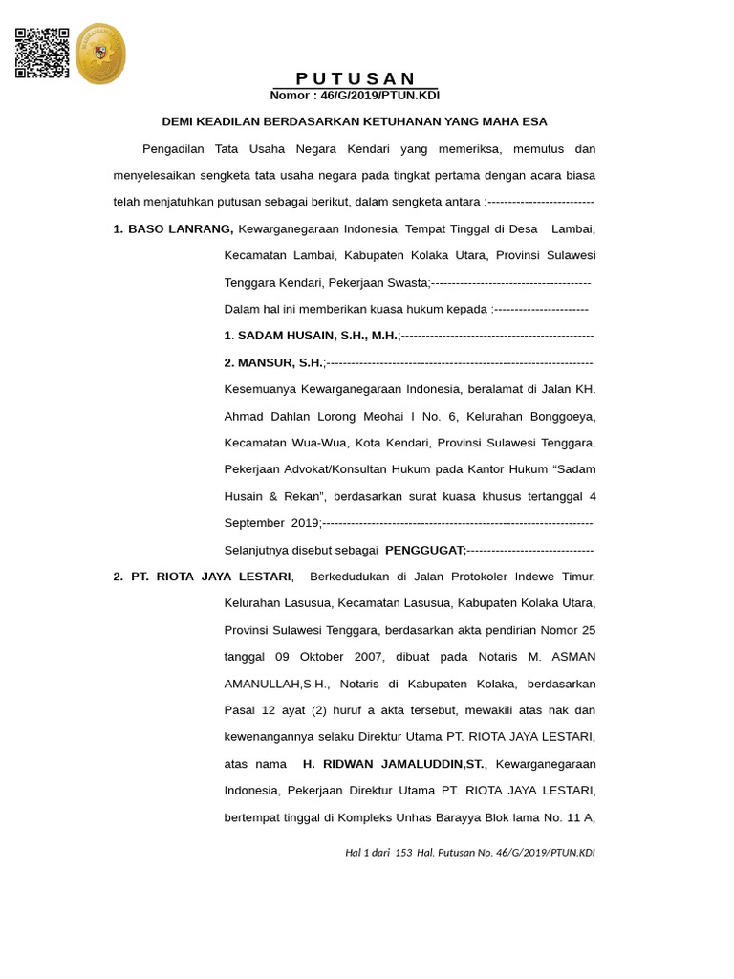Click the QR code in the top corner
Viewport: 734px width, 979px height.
tap(42, 53)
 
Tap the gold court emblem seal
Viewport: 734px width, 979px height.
tap(100, 54)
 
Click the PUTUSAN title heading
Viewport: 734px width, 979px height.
tap(356, 78)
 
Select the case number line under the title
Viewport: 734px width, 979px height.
tap(355, 96)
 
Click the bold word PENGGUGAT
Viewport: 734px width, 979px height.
tap(424, 551)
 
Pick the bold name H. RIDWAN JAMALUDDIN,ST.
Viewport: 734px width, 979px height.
tap(393, 765)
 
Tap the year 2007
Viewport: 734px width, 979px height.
tap(369, 658)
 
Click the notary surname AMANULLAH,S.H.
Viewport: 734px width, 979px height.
tap(277, 685)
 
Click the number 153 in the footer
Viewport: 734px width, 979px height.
tap(403, 853)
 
